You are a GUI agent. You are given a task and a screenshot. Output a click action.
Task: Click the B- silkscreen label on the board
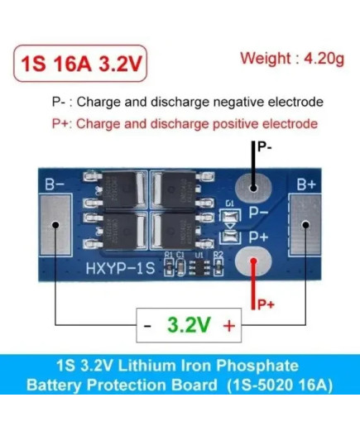[55, 184]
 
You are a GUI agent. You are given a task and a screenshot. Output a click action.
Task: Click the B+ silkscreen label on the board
[306, 184]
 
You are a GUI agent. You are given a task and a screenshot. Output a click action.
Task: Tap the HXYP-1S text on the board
[120, 268]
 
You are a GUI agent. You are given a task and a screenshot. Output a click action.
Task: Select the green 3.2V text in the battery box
[189, 325]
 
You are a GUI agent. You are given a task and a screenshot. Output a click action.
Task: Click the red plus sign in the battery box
[229, 326]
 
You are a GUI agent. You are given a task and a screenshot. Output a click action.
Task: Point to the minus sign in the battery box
[147, 326]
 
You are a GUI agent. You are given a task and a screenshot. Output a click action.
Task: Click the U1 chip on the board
[199, 267]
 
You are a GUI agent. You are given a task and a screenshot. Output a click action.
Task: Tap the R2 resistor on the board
[218, 267]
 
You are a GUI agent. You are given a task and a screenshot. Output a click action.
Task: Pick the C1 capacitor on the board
[180, 267]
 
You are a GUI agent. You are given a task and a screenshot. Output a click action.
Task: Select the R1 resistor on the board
[169, 267]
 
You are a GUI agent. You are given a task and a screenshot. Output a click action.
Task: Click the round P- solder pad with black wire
[253, 188]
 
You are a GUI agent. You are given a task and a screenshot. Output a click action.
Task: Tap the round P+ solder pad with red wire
[253, 261]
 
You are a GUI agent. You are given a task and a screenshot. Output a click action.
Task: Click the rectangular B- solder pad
[55, 225]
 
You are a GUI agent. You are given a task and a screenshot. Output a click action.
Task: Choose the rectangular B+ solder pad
[305, 225]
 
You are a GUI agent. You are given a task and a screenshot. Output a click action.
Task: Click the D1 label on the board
[229, 204]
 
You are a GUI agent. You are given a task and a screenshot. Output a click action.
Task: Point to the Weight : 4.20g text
[292, 59]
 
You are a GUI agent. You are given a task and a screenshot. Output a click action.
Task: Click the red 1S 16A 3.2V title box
[80, 63]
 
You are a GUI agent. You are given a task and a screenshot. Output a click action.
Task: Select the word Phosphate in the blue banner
[257, 366]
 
